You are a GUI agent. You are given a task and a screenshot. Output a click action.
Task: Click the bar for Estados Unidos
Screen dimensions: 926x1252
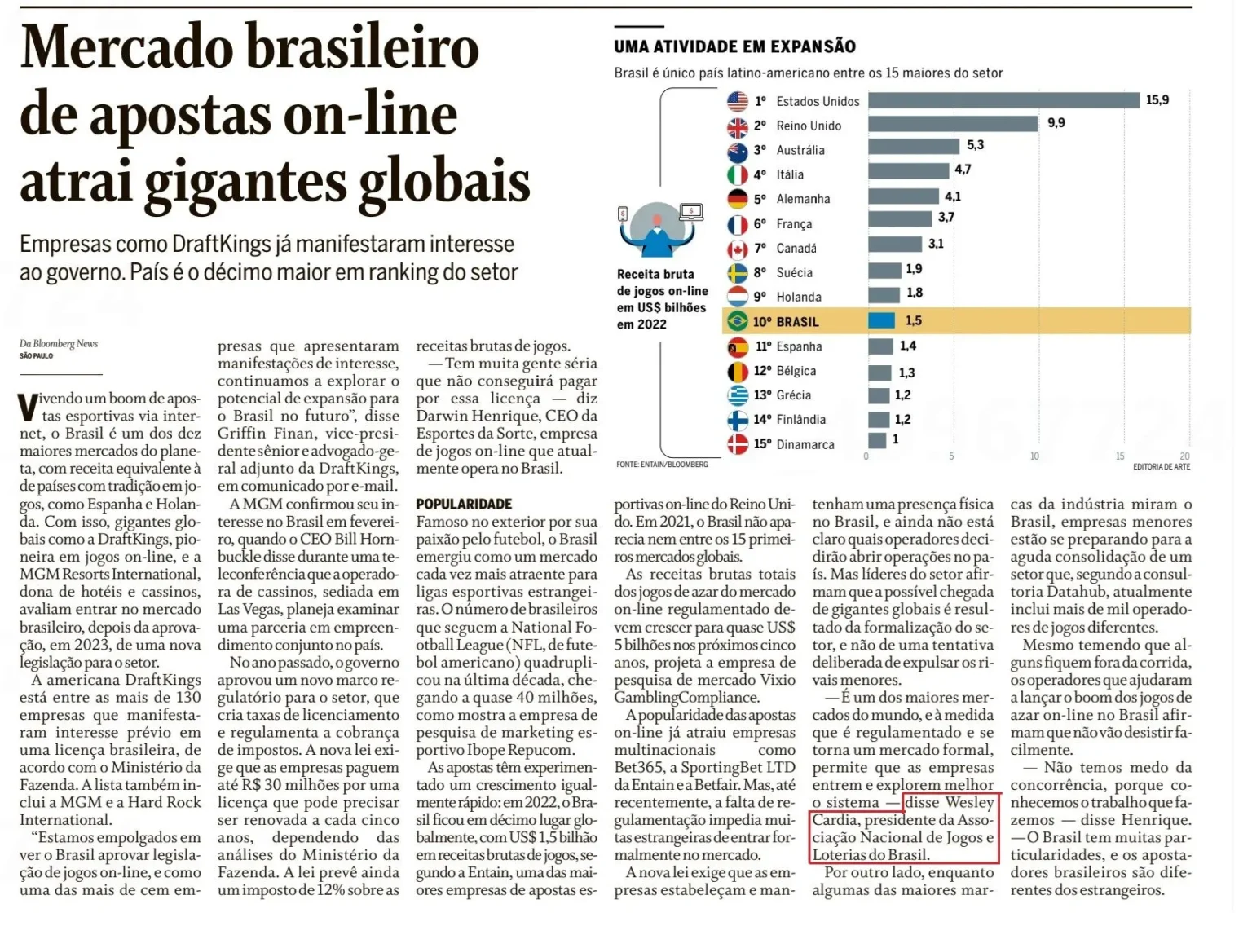[x=1003, y=100]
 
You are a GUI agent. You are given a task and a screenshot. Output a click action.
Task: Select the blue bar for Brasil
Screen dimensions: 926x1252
[x=881, y=320]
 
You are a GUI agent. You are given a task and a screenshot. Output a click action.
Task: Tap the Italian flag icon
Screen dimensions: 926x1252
[x=737, y=174]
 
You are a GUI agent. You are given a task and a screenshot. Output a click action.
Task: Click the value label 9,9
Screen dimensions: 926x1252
[x=1056, y=123]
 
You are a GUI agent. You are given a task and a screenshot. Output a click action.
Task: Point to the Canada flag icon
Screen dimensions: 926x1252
[x=737, y=249]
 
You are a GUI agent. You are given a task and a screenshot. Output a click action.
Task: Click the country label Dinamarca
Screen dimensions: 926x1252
[x=805, y=444]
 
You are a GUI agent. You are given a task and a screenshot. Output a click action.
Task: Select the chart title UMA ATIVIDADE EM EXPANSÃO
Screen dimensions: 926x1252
[x=734, y=46]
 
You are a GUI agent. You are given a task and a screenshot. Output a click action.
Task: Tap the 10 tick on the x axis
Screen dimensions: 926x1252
[x=1034, y=456]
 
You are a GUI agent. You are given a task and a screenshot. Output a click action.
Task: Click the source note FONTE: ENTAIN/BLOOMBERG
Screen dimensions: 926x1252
[x=662, y=465]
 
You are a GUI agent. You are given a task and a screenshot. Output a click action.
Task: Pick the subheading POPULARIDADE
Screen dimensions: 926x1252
[x=464, y=504]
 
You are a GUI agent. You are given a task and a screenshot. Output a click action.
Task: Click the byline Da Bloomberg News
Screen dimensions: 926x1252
[x=59, y=344]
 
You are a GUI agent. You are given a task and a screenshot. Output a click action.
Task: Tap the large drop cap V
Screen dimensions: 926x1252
[x=28, y=407]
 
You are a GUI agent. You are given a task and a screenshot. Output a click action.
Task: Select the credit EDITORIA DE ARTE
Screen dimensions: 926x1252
[x=1161, y=466]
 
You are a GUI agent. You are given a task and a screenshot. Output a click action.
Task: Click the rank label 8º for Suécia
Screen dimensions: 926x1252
[x=760, y=273]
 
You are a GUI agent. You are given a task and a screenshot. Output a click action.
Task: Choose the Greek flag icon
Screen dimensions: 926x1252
[x=737, y=395]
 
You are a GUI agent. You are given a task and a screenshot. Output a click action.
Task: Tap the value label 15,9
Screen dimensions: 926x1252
[x=1157, y=99]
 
